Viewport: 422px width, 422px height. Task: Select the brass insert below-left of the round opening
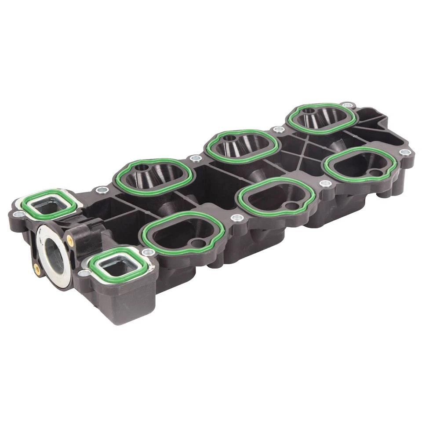pyautogui.click(x=37, y=268)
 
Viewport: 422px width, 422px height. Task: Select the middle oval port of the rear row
pyautogui.click(x=242, y=146)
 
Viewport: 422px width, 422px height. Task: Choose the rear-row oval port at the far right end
pyautogui.click(x=322, y=117)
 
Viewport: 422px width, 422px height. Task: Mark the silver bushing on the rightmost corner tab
pyautogui.click(x=405, y=152)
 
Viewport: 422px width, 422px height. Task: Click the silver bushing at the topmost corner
pyautogui.click(x=347, y=105)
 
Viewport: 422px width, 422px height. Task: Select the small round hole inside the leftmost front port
pyautogui.click(x=199, y=243)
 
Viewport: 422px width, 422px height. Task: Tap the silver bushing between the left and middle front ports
pyautogui.click(x=236, y=218)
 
